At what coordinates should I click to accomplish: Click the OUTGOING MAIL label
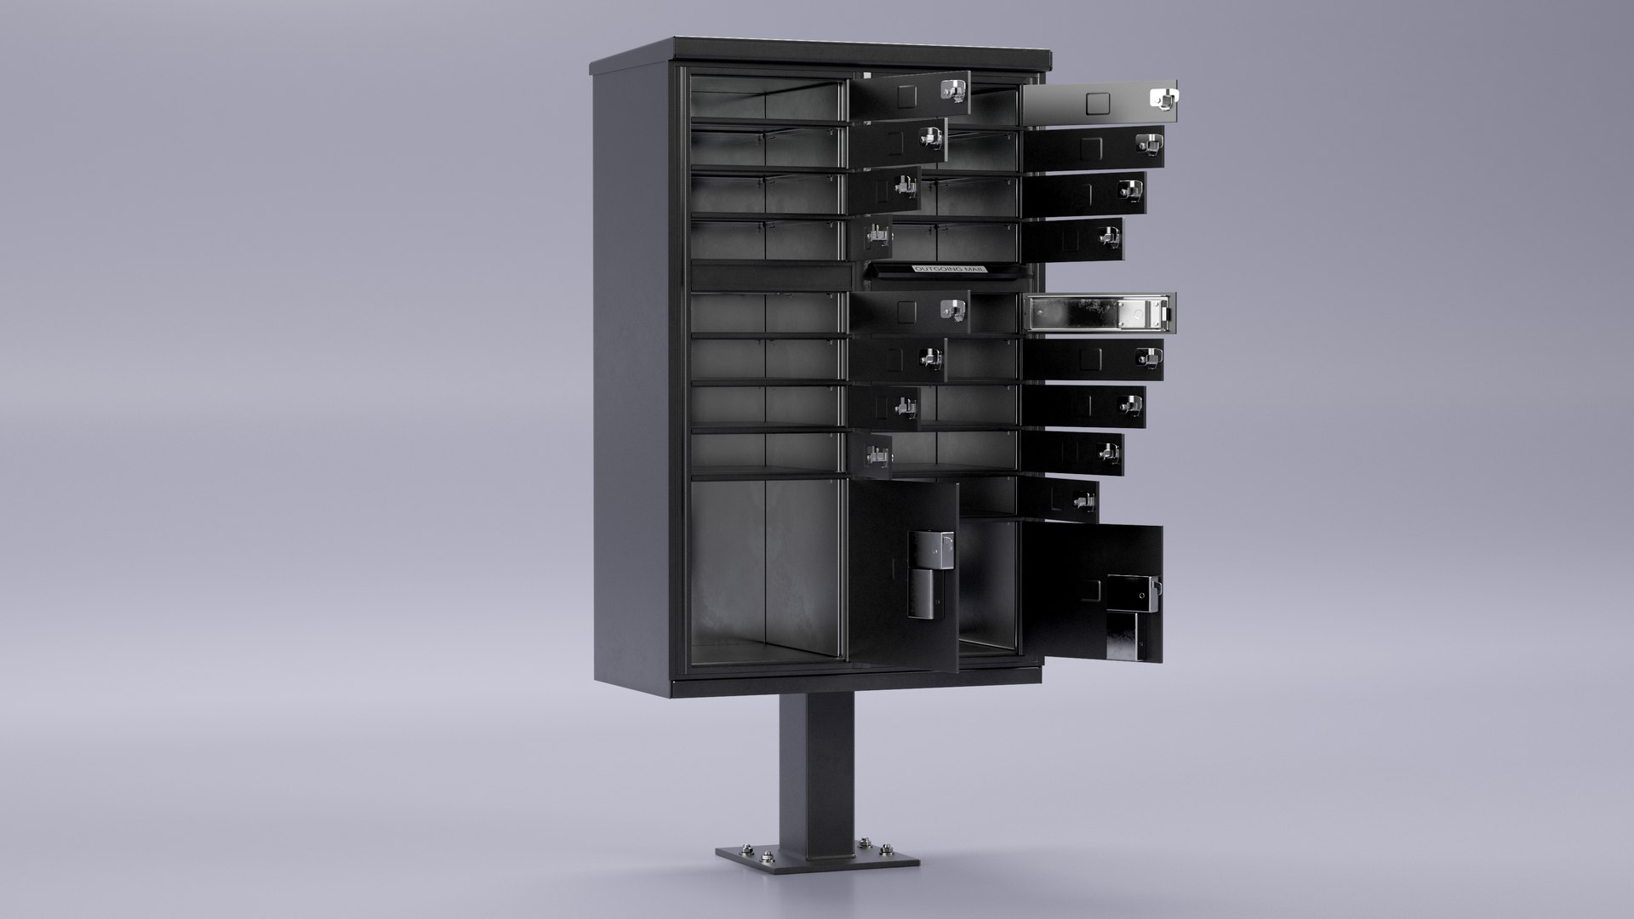pos(949,269)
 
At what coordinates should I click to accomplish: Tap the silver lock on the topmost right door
pos(1163,99)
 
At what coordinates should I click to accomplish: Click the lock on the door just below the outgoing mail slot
pos(951,311)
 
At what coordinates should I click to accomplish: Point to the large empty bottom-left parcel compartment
pos(766,566)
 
